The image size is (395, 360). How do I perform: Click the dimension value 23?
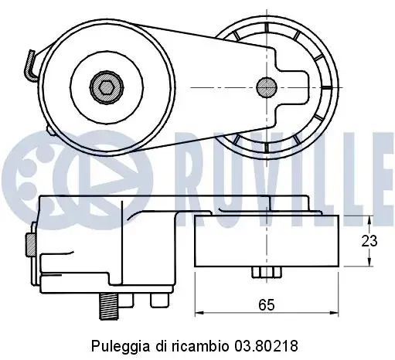[369, 241]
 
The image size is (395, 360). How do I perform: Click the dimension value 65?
[267, 305]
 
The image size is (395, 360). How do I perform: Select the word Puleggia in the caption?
[120, 346]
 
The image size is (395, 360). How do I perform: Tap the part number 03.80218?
[266, 346]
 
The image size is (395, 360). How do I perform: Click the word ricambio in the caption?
[199, 346]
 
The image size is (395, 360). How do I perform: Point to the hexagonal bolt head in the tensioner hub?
[107, 87]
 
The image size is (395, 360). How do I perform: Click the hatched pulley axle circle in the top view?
[267, 87]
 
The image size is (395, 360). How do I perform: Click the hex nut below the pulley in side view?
[267, 272]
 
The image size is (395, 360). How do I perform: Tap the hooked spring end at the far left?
[30, 66]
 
